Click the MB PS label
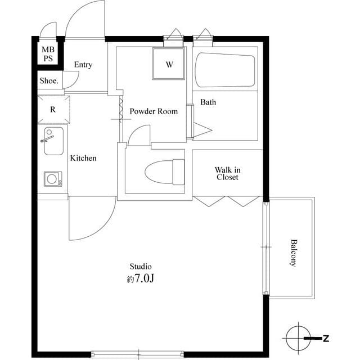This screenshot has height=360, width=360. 48,54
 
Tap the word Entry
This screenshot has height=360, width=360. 83,65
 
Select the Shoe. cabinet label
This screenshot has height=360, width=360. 49,81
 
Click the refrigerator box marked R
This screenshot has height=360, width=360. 53,110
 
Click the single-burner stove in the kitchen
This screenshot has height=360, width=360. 52,179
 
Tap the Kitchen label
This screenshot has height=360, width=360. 83,158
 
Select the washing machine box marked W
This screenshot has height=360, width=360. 169,64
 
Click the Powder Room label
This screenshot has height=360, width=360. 154,111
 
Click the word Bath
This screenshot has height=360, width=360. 208,102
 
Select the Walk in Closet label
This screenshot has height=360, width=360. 227,173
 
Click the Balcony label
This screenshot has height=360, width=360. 294,253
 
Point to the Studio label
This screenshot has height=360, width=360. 141,267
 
